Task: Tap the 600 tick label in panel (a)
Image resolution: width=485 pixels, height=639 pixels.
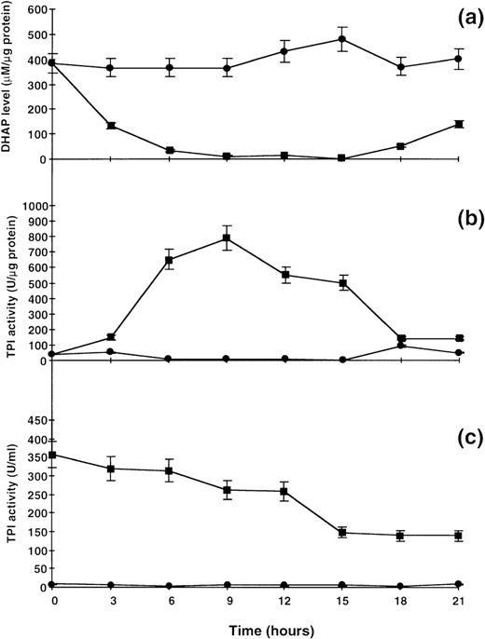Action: [x=35, y=10]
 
